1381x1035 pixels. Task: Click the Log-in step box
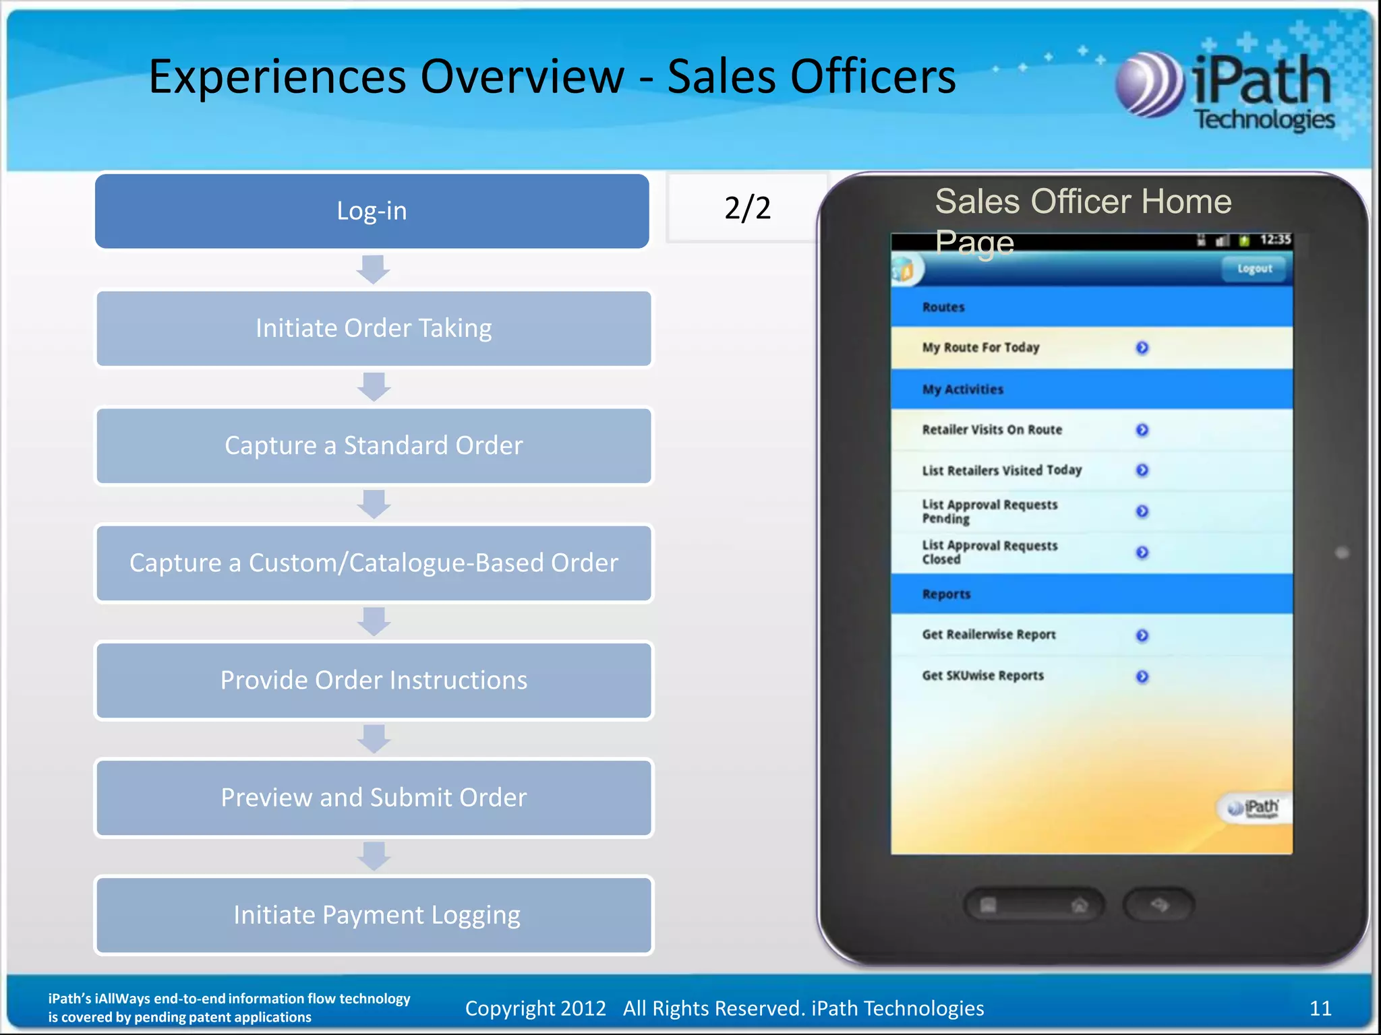pyautogui.click(x=372, y=211)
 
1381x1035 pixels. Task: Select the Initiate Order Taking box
pyautogui.click(x=374, y=328)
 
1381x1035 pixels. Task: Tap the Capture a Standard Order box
pyautogui.click(x=374, y=445)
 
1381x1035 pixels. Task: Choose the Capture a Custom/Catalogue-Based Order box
pyautogui.click(x=374, y=563)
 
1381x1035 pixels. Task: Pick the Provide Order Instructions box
pyautogui.click(x=374, y=680)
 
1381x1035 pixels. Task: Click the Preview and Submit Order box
pyautogui.click(x=374, y=797)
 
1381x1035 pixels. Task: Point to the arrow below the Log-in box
pyautogui.click(x=373, y=270)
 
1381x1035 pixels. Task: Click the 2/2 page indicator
pyautogui.click(x=747, y=208)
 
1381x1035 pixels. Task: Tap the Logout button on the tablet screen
pyautogui.click(x=1254, y=269)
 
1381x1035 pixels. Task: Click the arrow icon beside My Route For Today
pyautogui.click(x=1142, y=348)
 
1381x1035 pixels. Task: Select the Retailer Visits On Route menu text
pyautogui.click(x=992, y=430)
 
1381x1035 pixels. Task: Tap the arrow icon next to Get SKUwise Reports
pyautogui.click(x=1142, y=677)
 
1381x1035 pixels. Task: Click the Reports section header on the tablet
pyautogui.click(x=947, y=594)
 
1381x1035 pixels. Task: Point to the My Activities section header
pyautogui.click(x=963, y=389)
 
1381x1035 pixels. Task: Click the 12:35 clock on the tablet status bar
pyautogui.click(x=1274, y=240)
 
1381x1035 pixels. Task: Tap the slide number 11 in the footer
pyautogui.click(x=1320, y=1008)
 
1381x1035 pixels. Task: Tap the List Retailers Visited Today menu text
pyautogui.click(x=1002, y=470)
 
